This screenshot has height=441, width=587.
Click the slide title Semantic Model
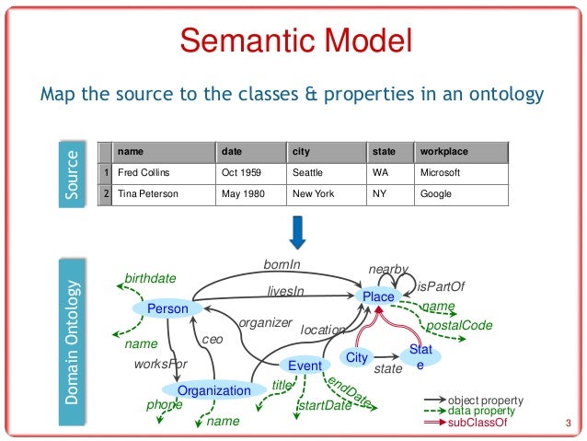pos(294,41)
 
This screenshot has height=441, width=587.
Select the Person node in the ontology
pos(167,308)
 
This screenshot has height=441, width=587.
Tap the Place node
pos(378,296)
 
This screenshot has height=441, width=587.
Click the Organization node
pos(213,390)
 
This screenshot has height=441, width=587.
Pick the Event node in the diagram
pos(298,366)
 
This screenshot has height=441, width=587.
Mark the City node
pos(356,356)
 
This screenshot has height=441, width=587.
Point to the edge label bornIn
pos(282,265)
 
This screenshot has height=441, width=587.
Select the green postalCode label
pos(458,325)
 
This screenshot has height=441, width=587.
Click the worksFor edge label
pos(161,365)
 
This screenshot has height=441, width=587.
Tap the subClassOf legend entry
pos(473,422)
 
